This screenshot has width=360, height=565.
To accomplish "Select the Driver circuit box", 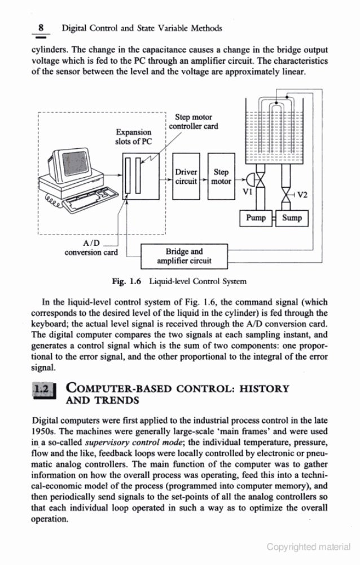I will [x=186, y=176].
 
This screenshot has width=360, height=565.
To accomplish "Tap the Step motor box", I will [x=221, y=176].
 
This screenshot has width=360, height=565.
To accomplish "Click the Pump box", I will [x=256, y=218].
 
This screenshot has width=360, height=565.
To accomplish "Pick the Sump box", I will [x=292, y=218].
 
